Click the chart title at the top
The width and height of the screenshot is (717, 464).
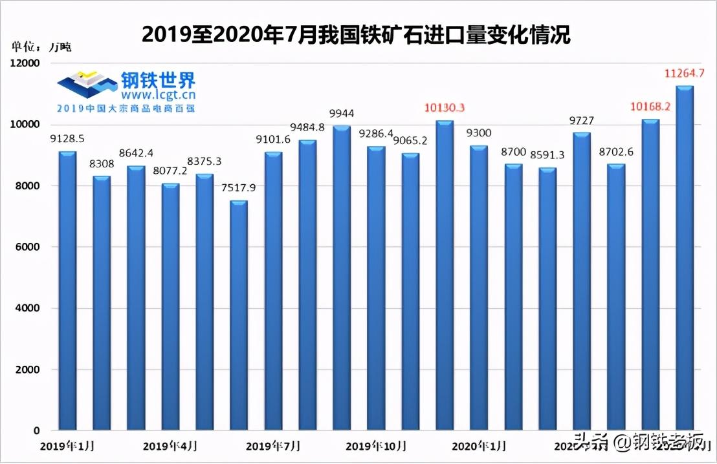click(x=356, y=34)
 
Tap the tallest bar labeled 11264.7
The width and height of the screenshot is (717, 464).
click(x=685, y=258)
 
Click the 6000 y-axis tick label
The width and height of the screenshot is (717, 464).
click(x=27, y=248)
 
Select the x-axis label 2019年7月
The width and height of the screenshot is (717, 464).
click(x=274, y=446)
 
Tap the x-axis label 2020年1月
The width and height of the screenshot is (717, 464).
click(x=479, y=446)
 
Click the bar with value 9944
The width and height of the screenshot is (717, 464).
click(x=342, y=278)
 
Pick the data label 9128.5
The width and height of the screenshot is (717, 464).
click(x=68, y=138)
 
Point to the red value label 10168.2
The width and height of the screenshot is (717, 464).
click(x=650, y=107)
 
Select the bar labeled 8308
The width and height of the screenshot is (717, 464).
click(x=102, y=304)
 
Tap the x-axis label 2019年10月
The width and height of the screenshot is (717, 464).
click(x=377, y=446)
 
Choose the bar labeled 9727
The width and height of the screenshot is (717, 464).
click(x=582, y=281)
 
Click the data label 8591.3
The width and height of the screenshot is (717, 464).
click(x=547, y=155)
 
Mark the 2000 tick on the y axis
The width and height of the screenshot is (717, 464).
click(x=27, y=370)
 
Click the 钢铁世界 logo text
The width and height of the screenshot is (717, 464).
click(x=158, y=79)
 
